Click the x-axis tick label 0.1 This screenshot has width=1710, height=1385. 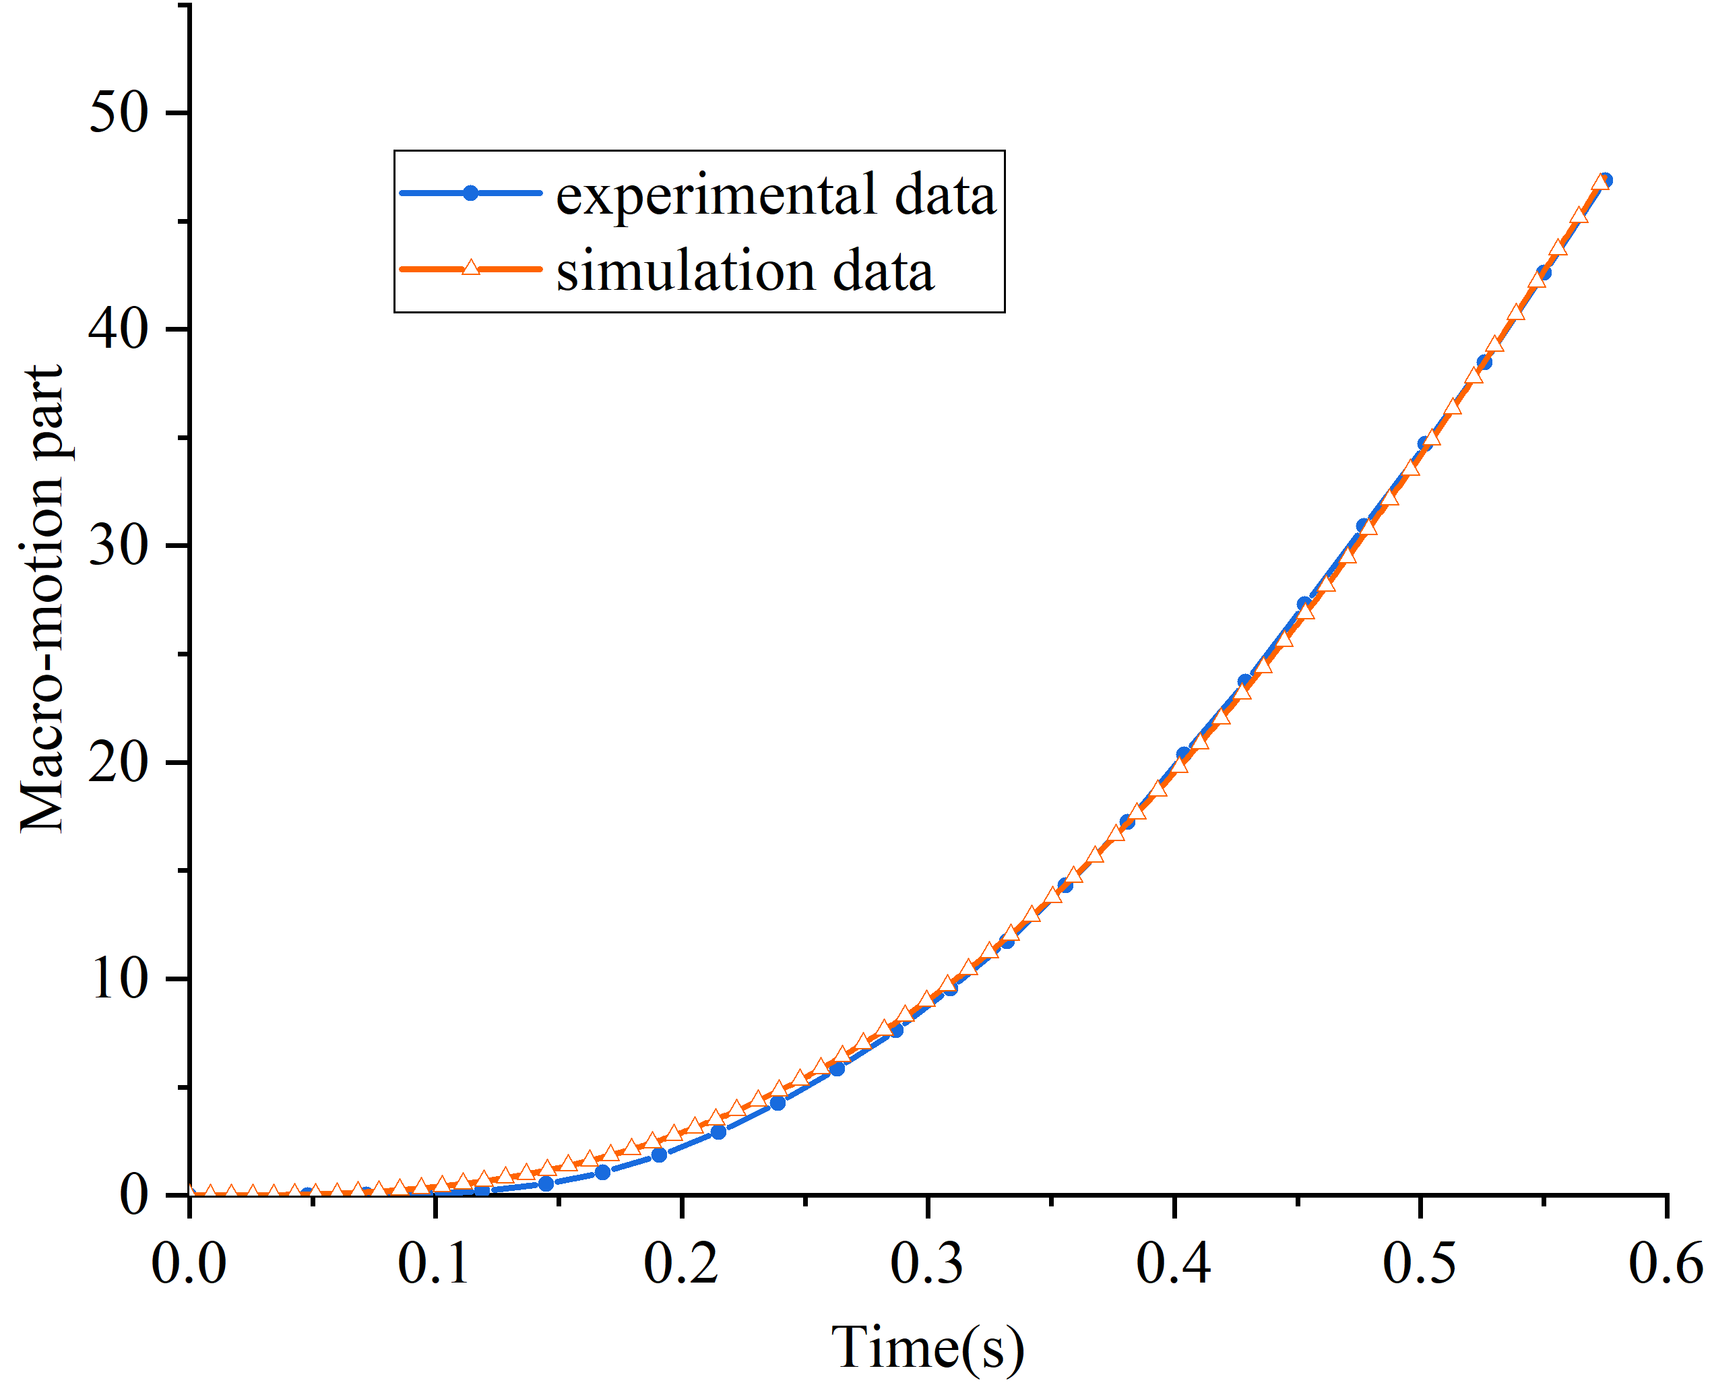(x=435, y=1264)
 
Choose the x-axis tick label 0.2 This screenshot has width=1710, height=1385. (x=681, y=1264)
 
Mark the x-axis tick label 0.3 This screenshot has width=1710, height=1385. (x=928, y=1264)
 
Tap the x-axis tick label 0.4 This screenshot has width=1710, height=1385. (x=1174, y=1264)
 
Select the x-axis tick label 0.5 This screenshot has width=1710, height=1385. (x=1420, y=1264)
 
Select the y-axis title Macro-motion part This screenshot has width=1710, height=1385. (x=42, y=600)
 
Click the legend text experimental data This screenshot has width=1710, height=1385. (x=776, y=195)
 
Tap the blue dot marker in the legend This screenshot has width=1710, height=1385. (x=470, y=193)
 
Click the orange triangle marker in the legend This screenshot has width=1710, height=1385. (x=470, y=268)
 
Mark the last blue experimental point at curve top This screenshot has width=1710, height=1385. (x=1606, y=181)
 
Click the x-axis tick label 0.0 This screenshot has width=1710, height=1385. (x=189, y=1264)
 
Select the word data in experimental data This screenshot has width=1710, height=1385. (x=946, y=195)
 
